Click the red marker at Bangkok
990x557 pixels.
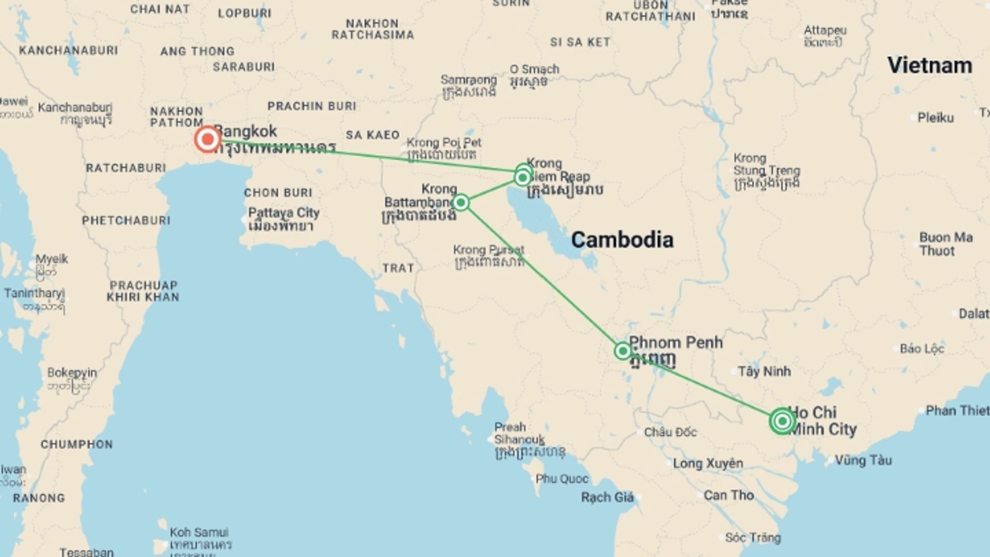[208, 139]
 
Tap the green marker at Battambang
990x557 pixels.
[460, 202]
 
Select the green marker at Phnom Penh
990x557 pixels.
[623, 351]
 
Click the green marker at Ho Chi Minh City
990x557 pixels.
[782, 421]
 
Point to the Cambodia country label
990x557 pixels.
[622, 240]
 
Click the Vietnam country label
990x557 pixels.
[929, 65]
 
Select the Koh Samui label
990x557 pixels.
[199, 532]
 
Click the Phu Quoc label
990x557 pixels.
[562, 479]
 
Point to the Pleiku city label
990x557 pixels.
[935, 118]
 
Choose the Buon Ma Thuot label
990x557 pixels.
[946, 244]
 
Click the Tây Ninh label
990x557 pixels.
[764, 371]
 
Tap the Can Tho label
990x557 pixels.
[729, 495]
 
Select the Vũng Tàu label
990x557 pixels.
[863, 460]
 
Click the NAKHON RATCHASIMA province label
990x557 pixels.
[372, 29]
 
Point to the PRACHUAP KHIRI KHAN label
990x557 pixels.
[143, 291]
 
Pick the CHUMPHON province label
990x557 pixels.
[76, 444]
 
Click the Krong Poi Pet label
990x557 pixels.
[444, 142]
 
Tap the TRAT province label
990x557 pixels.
[398, 268]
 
